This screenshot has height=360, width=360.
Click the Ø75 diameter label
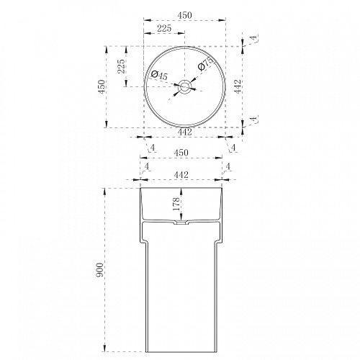click(x=206, y=64)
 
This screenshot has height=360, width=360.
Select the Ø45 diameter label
click(x=159, y=75)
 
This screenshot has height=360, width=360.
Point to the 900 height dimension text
click(x=99, y=270)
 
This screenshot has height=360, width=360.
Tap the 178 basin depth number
click(x=176, y=204)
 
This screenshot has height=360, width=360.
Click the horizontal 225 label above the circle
click(x=164, y=28)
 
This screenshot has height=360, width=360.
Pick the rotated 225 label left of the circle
click(x=121, y=66)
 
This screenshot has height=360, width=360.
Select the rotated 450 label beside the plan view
click(x=102, y=87)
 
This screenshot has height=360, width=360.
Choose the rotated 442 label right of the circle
click(x=238, y=86)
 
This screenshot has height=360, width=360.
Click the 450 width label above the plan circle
click(x=185, y=15)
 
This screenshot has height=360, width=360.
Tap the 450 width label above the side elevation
click(x=181, y=153)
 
